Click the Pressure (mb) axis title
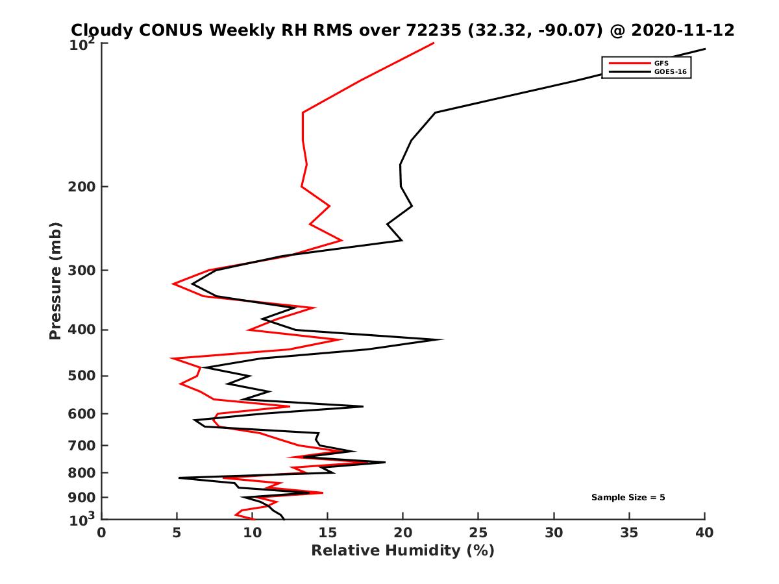[55, 280]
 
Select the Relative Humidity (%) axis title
[402, 551]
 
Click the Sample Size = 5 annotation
[628, 498]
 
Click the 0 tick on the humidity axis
[102, 533]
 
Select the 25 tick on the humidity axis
[478, 533]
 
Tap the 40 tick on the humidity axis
[704, 533]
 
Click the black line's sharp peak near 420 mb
[443, 339]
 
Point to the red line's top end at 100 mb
[434, 43]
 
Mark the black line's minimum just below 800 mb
[179, 478]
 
